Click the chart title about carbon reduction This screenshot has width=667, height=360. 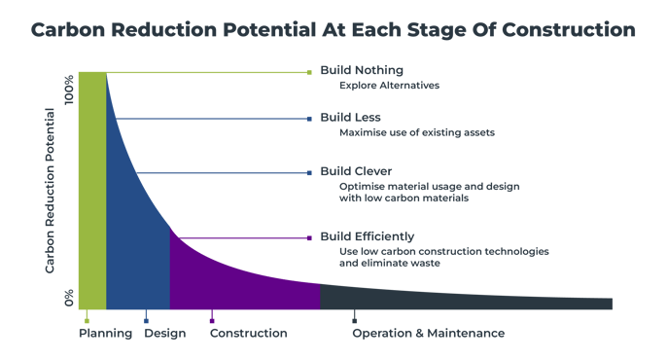(x=333, y=30)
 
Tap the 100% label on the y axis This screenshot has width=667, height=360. (x=68, y=90)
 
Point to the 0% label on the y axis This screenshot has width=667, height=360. (x=68, y=298)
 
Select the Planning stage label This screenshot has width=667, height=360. (x=105, y=334)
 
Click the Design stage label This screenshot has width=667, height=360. (x=164, y=334)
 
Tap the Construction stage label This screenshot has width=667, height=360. (x=249, y=334)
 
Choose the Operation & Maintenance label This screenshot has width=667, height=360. (x=428, y=334)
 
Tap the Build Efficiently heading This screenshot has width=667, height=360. (x=368, y=236)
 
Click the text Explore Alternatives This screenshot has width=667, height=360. (x=389, y=85)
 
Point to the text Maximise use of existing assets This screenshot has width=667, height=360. (x=417, y=132)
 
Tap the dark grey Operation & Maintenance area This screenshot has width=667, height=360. (x=438, y=298)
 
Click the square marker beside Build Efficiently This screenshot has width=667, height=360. (x=309, y=237)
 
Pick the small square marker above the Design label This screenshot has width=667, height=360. (x=146, y=319)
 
